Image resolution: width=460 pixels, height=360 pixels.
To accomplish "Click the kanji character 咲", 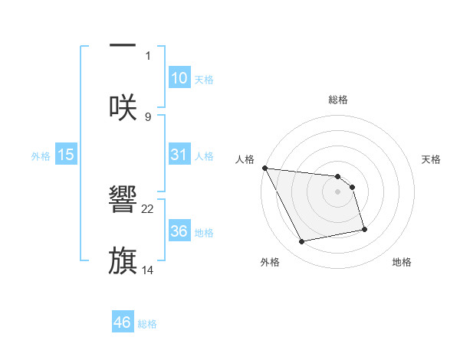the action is click(x=123, y=106).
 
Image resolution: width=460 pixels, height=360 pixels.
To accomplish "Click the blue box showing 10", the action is click(x=179, y=77).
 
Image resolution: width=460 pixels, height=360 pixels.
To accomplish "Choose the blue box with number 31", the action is click(x=179, y=154).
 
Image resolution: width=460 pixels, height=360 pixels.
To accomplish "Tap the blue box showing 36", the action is click(x=179, y=231).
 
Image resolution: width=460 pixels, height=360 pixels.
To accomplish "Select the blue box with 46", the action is click(x=123, y=322).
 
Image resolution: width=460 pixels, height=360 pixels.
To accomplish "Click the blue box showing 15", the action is click(x=66, y=155).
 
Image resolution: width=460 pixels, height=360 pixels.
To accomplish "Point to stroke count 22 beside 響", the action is click(x=148, y=208).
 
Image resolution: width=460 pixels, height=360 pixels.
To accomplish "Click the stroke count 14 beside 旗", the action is click(x=148, y=270).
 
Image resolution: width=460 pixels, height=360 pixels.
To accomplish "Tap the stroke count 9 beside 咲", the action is click(x=148, y=116).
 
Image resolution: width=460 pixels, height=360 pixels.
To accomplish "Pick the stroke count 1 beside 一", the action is click(x=148, y=55).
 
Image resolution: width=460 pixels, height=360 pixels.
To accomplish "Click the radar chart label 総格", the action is click(x=338, y=100).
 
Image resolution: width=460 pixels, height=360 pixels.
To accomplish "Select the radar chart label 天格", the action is click(x=432, y=159).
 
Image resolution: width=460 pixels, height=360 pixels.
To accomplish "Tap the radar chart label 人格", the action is click(x=245, y=159).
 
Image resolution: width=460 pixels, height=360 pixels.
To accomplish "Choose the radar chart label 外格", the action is click(x=270, y=262).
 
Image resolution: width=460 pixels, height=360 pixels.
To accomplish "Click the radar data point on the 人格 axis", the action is click(x=264, y=168).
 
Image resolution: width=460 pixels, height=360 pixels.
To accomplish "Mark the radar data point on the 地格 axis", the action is click(x=364, y=229).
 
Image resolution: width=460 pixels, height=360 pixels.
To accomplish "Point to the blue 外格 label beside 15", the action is click(x=41, y=155).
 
